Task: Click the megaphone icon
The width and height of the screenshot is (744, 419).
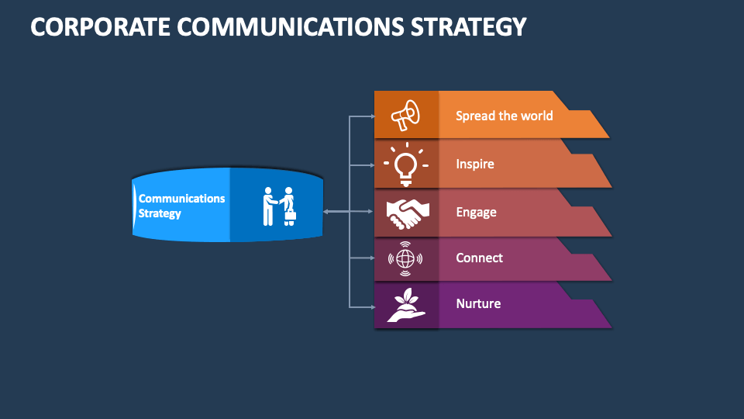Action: pyautogui.click(x=405, y=116)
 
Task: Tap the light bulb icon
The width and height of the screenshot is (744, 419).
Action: pyautogui.click(x=405, y=164)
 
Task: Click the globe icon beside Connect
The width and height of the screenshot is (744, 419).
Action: pyautogui.click(x=405, y=258)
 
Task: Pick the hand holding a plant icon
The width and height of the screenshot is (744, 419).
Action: pyautogui.click(x=405, y=305)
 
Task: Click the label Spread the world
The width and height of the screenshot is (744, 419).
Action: pyautogui.click(x=504, y=116)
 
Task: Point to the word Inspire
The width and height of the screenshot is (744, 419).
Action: pyautogui.click(x=474, y=164)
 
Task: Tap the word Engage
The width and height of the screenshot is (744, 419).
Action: pyautogui.click(x=476, y=212)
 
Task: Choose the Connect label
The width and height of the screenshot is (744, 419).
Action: pyautogui.click(x=479, y=258)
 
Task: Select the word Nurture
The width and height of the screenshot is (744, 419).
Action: pyautogui.click(x=478, y=303)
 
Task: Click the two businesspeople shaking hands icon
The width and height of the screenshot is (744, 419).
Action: pyautogui.click(x=278, y=206)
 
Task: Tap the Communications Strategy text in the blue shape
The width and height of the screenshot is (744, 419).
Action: pyautogui.click(x=181, y=206)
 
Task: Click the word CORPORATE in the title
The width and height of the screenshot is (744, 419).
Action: pyautogui.click(x=100, y=26)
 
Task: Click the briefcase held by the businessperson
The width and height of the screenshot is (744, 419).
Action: pyautogui.click(x=291, y=215)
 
